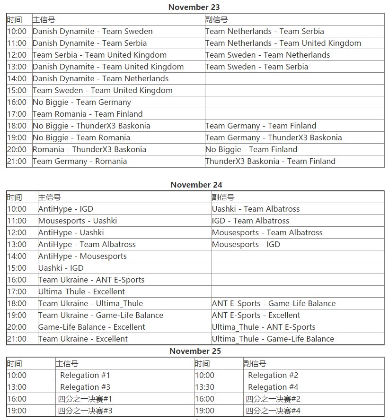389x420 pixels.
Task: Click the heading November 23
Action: coord(194,7)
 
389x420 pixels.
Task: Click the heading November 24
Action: coord(196,185)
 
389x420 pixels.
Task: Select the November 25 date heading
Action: coord(195,351)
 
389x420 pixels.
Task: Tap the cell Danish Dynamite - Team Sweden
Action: coord(93,31)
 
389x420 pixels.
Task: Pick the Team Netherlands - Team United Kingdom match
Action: coord(283,43)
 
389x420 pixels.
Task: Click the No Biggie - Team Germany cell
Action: coord(82,102)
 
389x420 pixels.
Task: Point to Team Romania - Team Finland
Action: coord(88,114)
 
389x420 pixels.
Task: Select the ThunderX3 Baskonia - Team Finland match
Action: coord(270,161)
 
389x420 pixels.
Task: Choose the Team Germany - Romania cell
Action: coord(80,161)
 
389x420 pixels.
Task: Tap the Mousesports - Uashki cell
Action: coord(78,221)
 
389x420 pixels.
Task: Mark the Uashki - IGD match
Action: coord(61,268)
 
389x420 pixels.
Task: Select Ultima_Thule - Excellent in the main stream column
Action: coord(81,291)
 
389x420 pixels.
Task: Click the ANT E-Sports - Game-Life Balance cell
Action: coord(274,303)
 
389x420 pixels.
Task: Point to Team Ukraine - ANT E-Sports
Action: coord(91,280)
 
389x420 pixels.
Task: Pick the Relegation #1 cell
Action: coord(85,375)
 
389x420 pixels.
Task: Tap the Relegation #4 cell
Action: coord(273,387)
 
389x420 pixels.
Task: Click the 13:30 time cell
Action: coord(204,387)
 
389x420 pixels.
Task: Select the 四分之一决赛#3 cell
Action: coord(85,411)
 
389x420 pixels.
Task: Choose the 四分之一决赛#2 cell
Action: coord(273,399)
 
